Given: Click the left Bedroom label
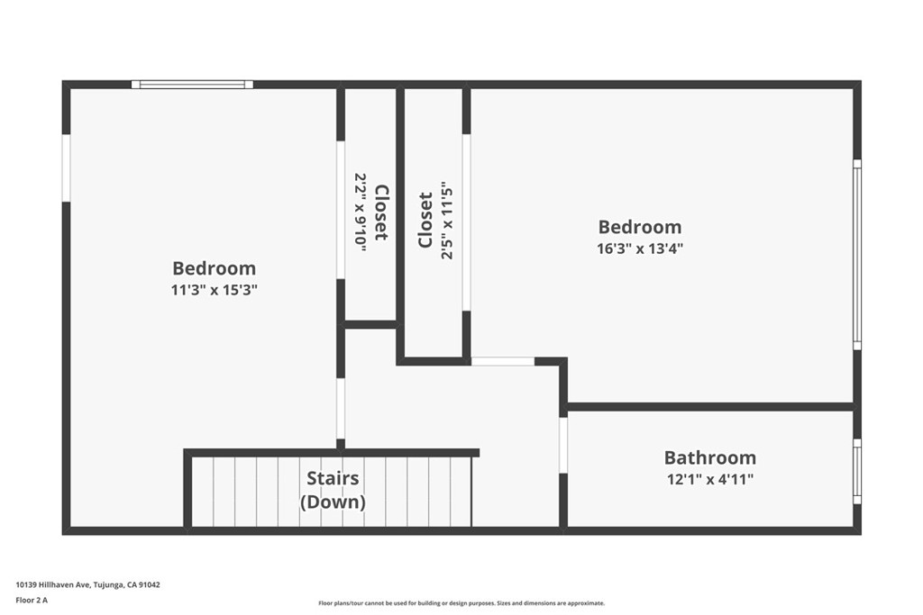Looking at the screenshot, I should tap(214, 268).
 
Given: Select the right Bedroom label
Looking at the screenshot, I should tap(640, 227).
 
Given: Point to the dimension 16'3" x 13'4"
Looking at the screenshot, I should tap(640, 249).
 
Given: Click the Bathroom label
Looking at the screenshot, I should tap(709, 457).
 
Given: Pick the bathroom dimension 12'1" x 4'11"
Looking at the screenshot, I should tap(709, 479).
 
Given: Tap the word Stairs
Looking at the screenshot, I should tap(333, 478).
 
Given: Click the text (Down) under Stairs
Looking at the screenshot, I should tap(333, 502).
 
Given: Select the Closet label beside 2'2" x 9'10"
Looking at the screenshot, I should tap(381, 213).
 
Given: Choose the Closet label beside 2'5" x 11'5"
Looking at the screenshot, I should tap(425, 220).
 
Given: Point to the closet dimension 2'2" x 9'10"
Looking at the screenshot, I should tap(360, 212).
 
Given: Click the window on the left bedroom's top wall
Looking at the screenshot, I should tap(192, 85).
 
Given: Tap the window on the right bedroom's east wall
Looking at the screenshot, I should tap(857, 254).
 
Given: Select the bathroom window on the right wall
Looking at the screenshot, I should tap(857, 472).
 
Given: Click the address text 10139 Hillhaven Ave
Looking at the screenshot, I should tap(87, 584).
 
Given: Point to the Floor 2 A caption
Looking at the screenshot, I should tap(32, 599).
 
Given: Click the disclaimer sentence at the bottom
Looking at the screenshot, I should tap(461, 603).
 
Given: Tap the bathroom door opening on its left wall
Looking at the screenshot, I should tap(563, 445).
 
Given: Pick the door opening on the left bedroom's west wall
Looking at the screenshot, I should tap(66, 168).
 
